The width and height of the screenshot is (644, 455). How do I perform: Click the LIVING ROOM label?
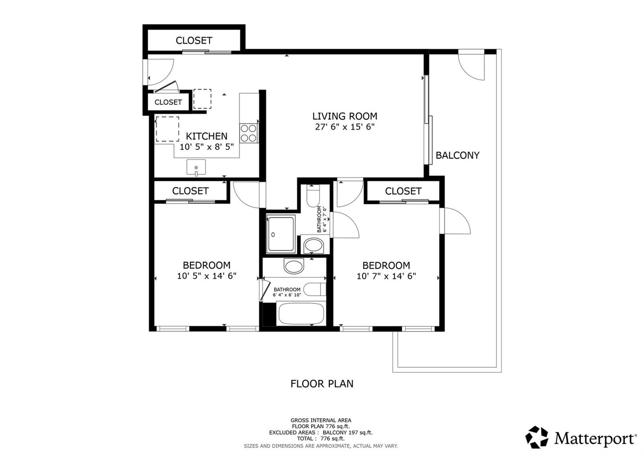[x=345, y=116]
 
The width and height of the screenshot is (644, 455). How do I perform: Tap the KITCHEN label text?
[x=206, y=136]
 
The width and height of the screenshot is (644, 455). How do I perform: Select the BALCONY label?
[x=457, y=155]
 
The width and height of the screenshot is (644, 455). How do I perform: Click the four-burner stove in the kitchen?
[x=249, y=133]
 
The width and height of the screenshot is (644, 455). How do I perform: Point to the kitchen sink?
[x=196, y=167]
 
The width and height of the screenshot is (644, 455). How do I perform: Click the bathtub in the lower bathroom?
[x=301, y=314]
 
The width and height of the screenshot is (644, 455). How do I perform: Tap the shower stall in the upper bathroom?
[x=281, y=234]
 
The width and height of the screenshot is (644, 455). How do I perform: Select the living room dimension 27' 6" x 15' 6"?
[x=345, y=127]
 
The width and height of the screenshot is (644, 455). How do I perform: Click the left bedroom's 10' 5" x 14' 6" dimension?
[x=206, y=276]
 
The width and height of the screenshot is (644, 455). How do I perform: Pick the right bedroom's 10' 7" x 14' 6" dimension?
[x=386, y=276]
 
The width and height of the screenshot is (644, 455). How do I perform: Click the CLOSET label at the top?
[x=194, y=41]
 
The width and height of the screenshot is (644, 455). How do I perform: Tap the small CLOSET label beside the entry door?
[x=168, y=102]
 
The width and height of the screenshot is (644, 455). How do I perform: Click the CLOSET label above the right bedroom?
[x=403, y=191]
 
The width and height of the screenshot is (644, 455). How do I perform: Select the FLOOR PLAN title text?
[x=322, y=384]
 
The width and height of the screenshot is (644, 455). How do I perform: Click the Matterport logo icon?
[x=537, y=437]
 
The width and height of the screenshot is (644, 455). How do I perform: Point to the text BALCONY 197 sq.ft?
[x=348, y=432]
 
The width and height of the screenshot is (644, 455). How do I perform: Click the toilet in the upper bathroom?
[x=313, y=196]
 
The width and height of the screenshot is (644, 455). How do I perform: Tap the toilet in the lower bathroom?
[x=315, y=290]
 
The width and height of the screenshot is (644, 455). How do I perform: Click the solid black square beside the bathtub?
[x=269, y=314]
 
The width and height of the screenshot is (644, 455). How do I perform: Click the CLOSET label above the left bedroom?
[x=190, y=191]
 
